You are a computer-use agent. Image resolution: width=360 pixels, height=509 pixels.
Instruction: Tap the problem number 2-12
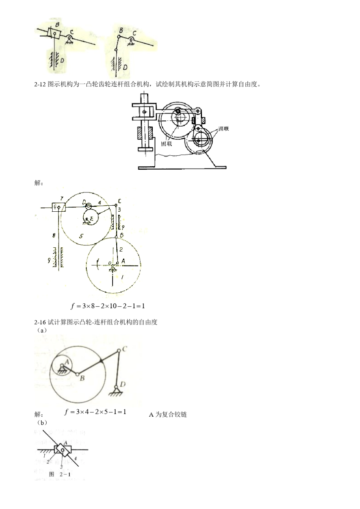[40, 84]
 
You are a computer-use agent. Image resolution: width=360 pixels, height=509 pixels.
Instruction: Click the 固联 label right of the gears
[223, 129]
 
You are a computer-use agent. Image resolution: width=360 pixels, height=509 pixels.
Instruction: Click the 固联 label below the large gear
[167, 144]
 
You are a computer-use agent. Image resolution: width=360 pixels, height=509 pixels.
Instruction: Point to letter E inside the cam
[91, 219]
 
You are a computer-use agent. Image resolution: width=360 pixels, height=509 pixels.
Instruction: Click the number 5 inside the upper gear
[80, 236]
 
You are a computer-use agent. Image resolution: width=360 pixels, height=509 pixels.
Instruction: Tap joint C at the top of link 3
[119, 201]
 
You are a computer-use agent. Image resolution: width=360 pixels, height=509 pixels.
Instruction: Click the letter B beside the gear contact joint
[121, 235]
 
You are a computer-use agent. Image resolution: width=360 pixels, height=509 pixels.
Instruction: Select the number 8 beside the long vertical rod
[55, 236]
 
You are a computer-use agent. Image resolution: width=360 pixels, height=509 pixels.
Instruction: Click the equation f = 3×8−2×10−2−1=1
[108, 306]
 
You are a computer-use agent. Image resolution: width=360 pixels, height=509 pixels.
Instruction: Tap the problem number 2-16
[40, 322]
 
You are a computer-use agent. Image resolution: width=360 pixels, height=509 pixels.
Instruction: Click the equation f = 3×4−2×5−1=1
[95, 412]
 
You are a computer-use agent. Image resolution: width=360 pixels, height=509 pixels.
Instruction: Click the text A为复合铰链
[168, 414]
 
